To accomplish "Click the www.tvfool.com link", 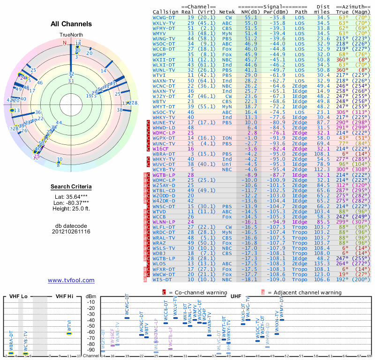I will click(x=71, y=280).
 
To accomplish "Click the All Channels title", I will click(x=71, y=24).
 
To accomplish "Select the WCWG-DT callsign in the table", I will click(x=164, y=17).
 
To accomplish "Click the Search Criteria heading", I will click(x=71, y=187).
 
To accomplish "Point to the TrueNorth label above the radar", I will click(x=70, y=35).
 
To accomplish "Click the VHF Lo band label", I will click(x=18, y=296).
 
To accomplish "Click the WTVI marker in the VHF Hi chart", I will click(x=69, y=333).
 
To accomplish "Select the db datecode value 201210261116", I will click(x=71, y=231).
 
